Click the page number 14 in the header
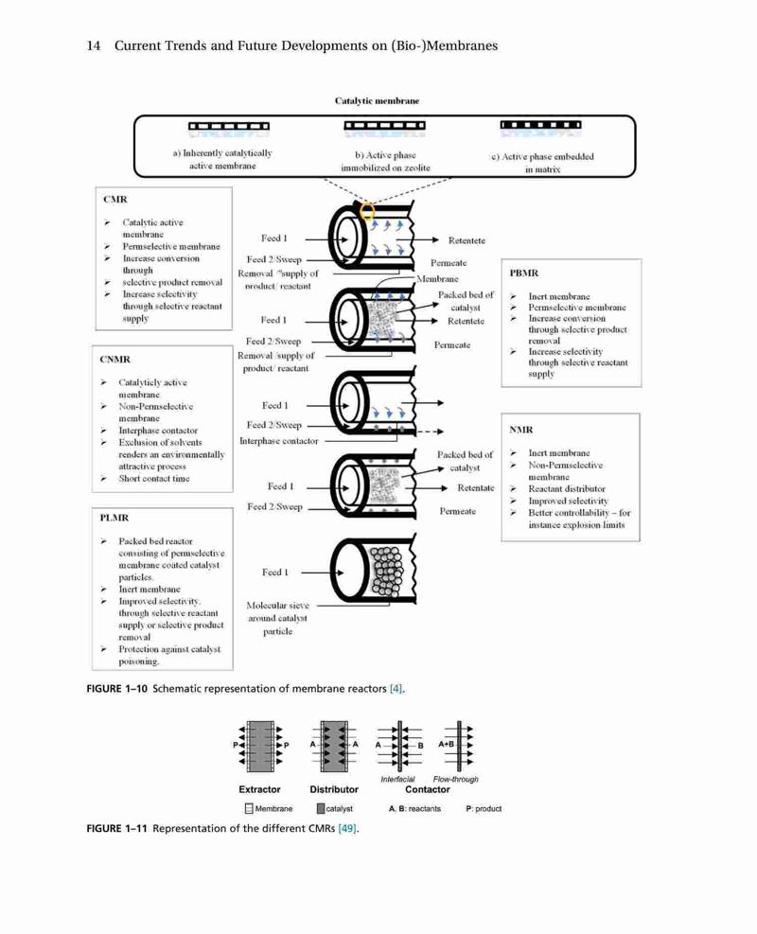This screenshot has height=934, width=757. [x=94, y=45]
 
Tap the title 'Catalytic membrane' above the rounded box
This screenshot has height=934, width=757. [x=377, y=100]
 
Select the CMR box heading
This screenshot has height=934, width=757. [x=114, y=199]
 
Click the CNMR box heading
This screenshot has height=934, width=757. [x=114, y=360]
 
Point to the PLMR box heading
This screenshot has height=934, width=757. [x=114, y=518]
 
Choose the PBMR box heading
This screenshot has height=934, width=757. [x=524, y=273]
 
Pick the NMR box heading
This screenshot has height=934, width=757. [x=521, y=430]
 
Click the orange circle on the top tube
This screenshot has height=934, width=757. [x=368, y=211]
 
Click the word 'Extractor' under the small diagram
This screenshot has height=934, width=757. [x=259, y=789]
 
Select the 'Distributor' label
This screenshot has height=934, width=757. [x=334, y=789]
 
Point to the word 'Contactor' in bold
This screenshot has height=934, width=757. [x=428, y=789]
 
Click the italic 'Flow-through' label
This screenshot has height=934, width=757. [x=456, y=779]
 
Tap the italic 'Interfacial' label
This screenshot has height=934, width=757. [x=397, y=779]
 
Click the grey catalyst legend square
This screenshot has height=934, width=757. [x=321, y=808]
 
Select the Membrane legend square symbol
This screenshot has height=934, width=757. [x=249, y=808]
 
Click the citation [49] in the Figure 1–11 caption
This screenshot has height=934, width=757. [x=347, y=829]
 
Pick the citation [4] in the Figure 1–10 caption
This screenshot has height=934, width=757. [x=396, y=689]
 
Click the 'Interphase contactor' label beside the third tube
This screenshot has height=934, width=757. [x=279, y=441]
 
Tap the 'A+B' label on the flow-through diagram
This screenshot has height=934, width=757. [x=446, y=744]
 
